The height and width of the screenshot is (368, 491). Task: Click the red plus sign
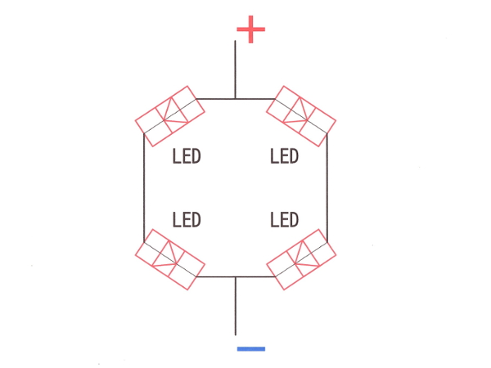[x=251, y=29]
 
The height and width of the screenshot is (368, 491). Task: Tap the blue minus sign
[x=251, y=348]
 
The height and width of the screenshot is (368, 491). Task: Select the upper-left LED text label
[x=187, y=156]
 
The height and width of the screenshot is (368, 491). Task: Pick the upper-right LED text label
[x=284, y=156]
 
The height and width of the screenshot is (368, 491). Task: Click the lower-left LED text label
[x=187, y=219]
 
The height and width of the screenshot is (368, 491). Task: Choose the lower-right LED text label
[x=284, y=219]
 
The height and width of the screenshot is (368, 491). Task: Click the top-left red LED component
[x=170, y=116]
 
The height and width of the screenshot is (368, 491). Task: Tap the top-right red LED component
[x=301, y=116]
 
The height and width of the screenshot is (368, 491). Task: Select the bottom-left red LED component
[x=170, y=259]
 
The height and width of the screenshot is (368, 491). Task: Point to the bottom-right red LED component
[x=301, y=259]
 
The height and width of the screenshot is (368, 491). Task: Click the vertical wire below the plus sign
[x=235, y=70]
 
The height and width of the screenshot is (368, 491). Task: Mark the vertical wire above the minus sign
[x=236, y=306]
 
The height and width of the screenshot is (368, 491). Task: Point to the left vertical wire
[x=144, y=188]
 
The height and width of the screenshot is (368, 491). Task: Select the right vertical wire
[x=327, y=188]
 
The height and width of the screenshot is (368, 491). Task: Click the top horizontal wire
[x=236, y=99]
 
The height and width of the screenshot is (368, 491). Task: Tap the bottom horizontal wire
[x=236, y=276]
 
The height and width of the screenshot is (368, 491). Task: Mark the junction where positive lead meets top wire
[x=235, y=99]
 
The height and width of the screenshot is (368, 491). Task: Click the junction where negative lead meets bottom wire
[x=236, y=276]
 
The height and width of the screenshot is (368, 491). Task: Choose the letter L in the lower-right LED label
[x=274, y=219]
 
